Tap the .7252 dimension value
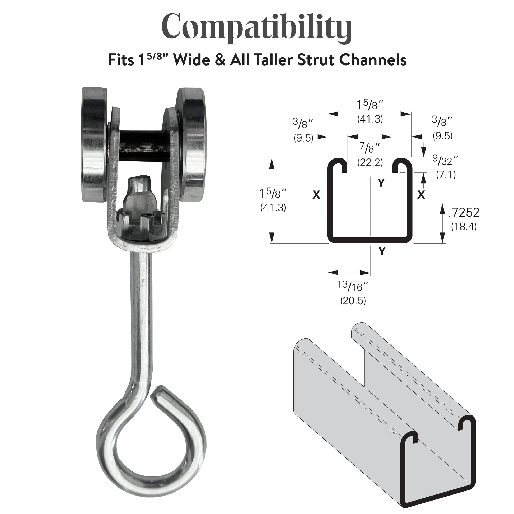pyautogui.click(x=464, y=212)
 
